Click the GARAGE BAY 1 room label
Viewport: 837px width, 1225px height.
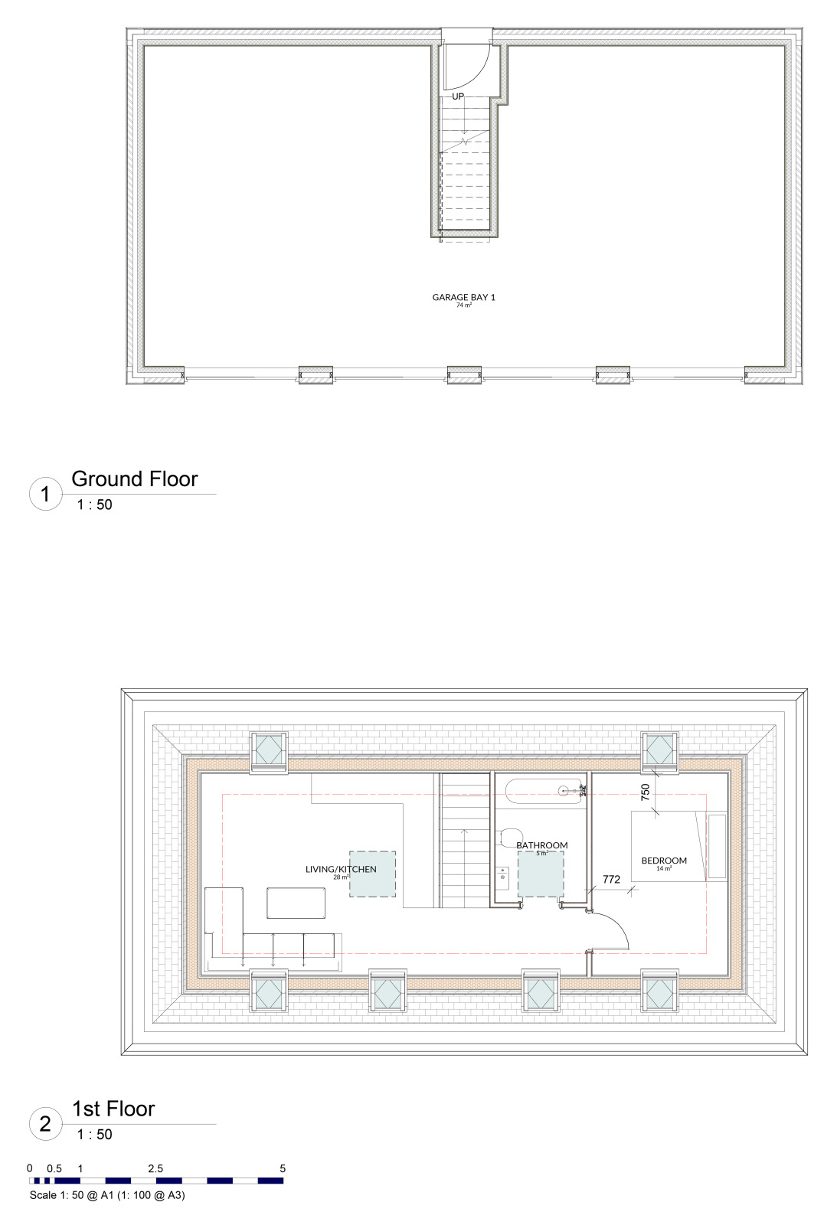pyautogui.click(x=463, y=297)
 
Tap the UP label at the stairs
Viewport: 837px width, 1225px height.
pyautogui.click(x=458, y=96)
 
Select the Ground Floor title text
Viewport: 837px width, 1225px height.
pyautogui.click(x=135, y=479)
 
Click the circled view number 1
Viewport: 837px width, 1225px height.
pyautogui.click(x=45, y=495)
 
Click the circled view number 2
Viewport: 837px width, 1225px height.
pyautogui.click(x=45, y=1125)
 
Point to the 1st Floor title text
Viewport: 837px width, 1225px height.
pyautogui.click(x=113, y=1109)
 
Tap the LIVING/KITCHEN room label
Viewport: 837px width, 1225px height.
pyautogui.click(x=341, y=869)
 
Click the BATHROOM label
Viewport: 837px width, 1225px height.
pyautogui.click(x=541, y=845)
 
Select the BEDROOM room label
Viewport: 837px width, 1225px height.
pyautogui.click(x=664, y=861)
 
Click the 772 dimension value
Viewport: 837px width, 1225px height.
pyautogui.click(x=611, y=880)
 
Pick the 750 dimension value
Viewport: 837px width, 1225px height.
pyautogui.click(x=646, y=792)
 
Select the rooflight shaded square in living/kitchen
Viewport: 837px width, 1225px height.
pyautogui.click(x=373, y=874)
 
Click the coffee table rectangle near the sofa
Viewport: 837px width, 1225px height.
pyautogui.click(x=296, y=903)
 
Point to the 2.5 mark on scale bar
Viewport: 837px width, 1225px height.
pyautogui.click(x=155, y=1168)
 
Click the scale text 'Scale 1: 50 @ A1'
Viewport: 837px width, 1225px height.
pyautogui.click(x=107, y=1195)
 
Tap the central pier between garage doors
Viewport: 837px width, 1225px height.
pyautogui.click(x=464, y=374)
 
